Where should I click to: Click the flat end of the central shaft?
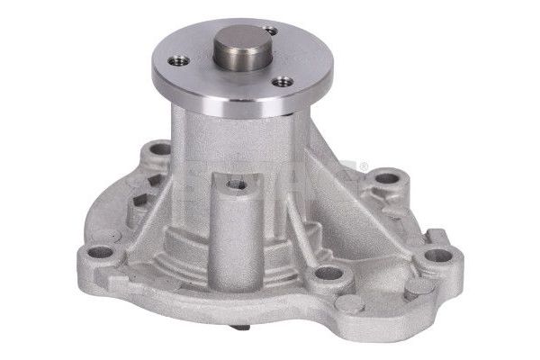tap(242, 40)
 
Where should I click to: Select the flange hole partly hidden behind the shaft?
tap(271, 32)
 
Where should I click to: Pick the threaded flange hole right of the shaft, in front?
tap(284, 81)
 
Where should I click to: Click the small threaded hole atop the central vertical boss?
tap(238, 184)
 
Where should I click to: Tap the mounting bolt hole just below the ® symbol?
tap(387, 177)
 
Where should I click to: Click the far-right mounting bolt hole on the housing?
tap(438, 255)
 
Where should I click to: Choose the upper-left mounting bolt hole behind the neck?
tap(159, 148)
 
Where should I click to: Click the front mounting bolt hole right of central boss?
tap(329, 273)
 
